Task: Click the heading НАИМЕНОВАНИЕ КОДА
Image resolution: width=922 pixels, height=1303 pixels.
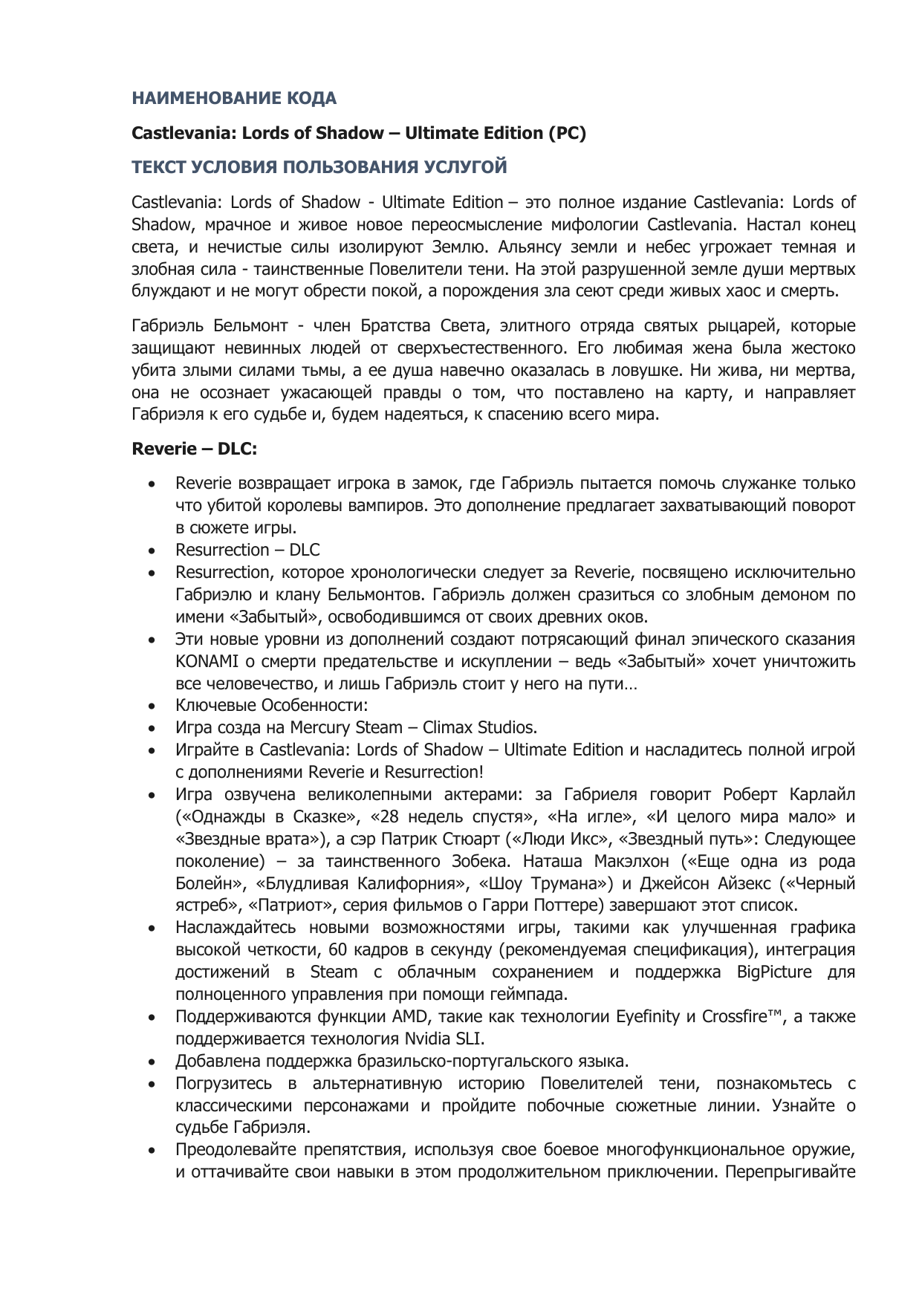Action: coord(234,98)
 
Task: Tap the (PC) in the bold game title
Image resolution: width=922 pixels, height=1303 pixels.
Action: coord(567,133)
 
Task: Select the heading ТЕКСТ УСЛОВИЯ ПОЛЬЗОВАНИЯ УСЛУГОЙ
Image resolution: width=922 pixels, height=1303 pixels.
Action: coord(319,167)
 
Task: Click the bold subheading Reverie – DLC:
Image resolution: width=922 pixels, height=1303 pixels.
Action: coord(194,449)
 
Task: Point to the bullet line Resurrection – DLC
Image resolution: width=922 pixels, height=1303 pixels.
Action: coord(247,550)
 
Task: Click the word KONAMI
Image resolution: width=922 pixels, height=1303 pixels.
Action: coord(201,661)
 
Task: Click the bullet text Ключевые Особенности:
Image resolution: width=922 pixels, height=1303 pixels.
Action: coord(271,705)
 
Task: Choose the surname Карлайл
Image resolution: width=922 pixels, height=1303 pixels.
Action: coord(821,794)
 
